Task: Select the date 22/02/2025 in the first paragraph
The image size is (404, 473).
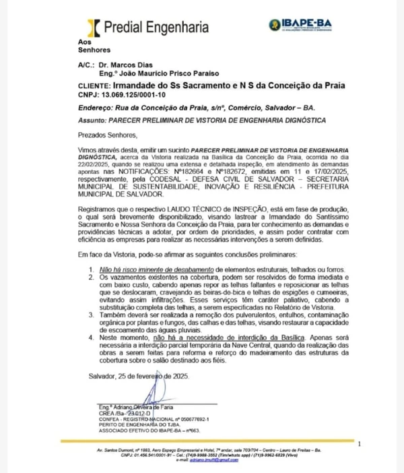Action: pyautogui.click(x=94, y=164)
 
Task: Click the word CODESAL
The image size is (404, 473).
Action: pyautogui.click(x=171, y=182)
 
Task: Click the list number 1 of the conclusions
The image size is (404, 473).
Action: pyautogui.click(x=92, y=268)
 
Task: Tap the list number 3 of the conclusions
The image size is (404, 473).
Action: pyautogui.click(x=92, y=314)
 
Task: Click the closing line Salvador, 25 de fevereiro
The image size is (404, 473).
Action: pyautogui.click(x=134, y=376)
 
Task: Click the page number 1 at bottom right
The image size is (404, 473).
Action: pyautogui.click(x=360, y=445)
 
